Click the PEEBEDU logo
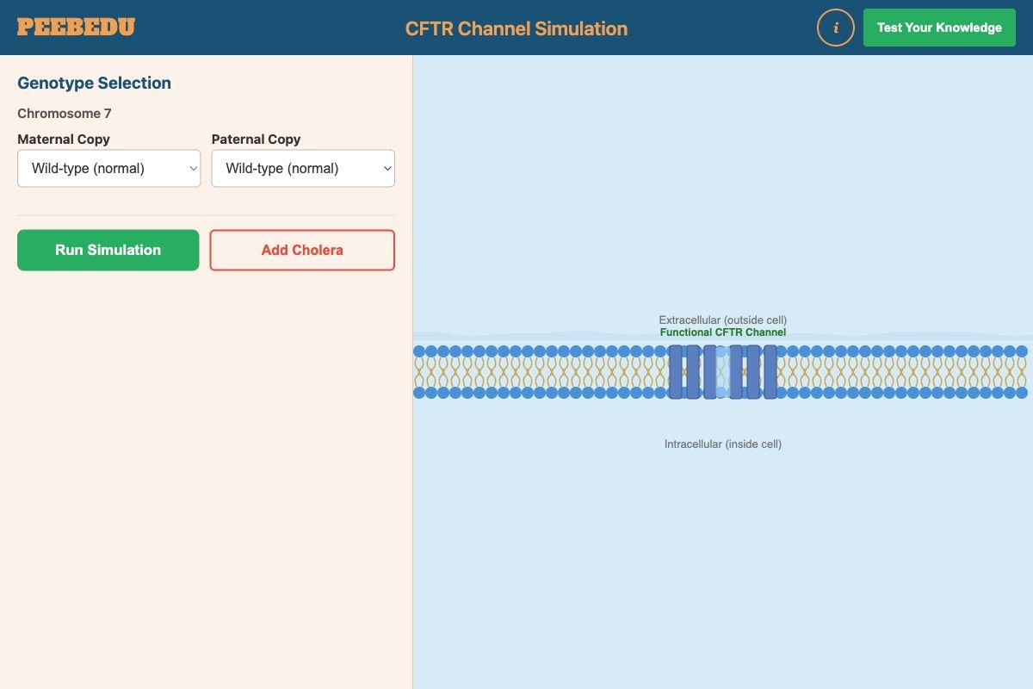(76, 28)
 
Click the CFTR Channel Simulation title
(516, 28)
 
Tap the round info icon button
(835, 28)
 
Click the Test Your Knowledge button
(939, 28)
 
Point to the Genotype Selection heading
(94, 83)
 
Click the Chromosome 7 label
(65, 114)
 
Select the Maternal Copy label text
(64, 139)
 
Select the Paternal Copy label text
(256, 139)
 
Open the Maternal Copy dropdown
(109, 169)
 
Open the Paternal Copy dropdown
(303, 169)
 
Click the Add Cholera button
(302, 250)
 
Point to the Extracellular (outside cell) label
(723, 320)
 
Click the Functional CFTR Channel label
(723, 332)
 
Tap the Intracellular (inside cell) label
(723, 444)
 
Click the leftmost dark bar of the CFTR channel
(676, 372)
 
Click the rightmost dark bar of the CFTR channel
(770, 372)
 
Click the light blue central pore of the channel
(723, 372)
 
